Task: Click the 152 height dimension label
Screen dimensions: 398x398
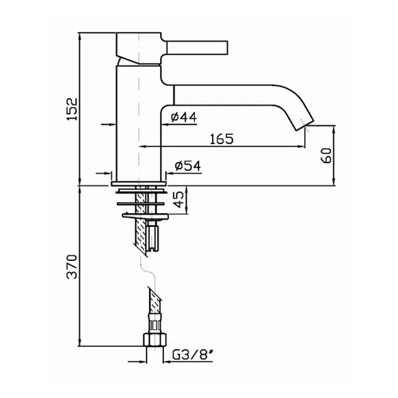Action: (72, 109)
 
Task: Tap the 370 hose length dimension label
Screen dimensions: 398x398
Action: (72, 267)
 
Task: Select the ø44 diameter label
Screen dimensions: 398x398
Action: (184, 117)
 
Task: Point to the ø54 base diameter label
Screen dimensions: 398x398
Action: (188, 166)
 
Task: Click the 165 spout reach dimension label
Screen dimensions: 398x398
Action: (222, 139)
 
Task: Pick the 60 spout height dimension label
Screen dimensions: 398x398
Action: (326, 155)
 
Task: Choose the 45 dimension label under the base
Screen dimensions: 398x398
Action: (179, 199)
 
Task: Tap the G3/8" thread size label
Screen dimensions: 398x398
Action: (192, 355)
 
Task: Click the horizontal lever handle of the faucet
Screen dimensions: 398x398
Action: (197, 47)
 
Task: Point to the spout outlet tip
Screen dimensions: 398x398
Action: (305, 126)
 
